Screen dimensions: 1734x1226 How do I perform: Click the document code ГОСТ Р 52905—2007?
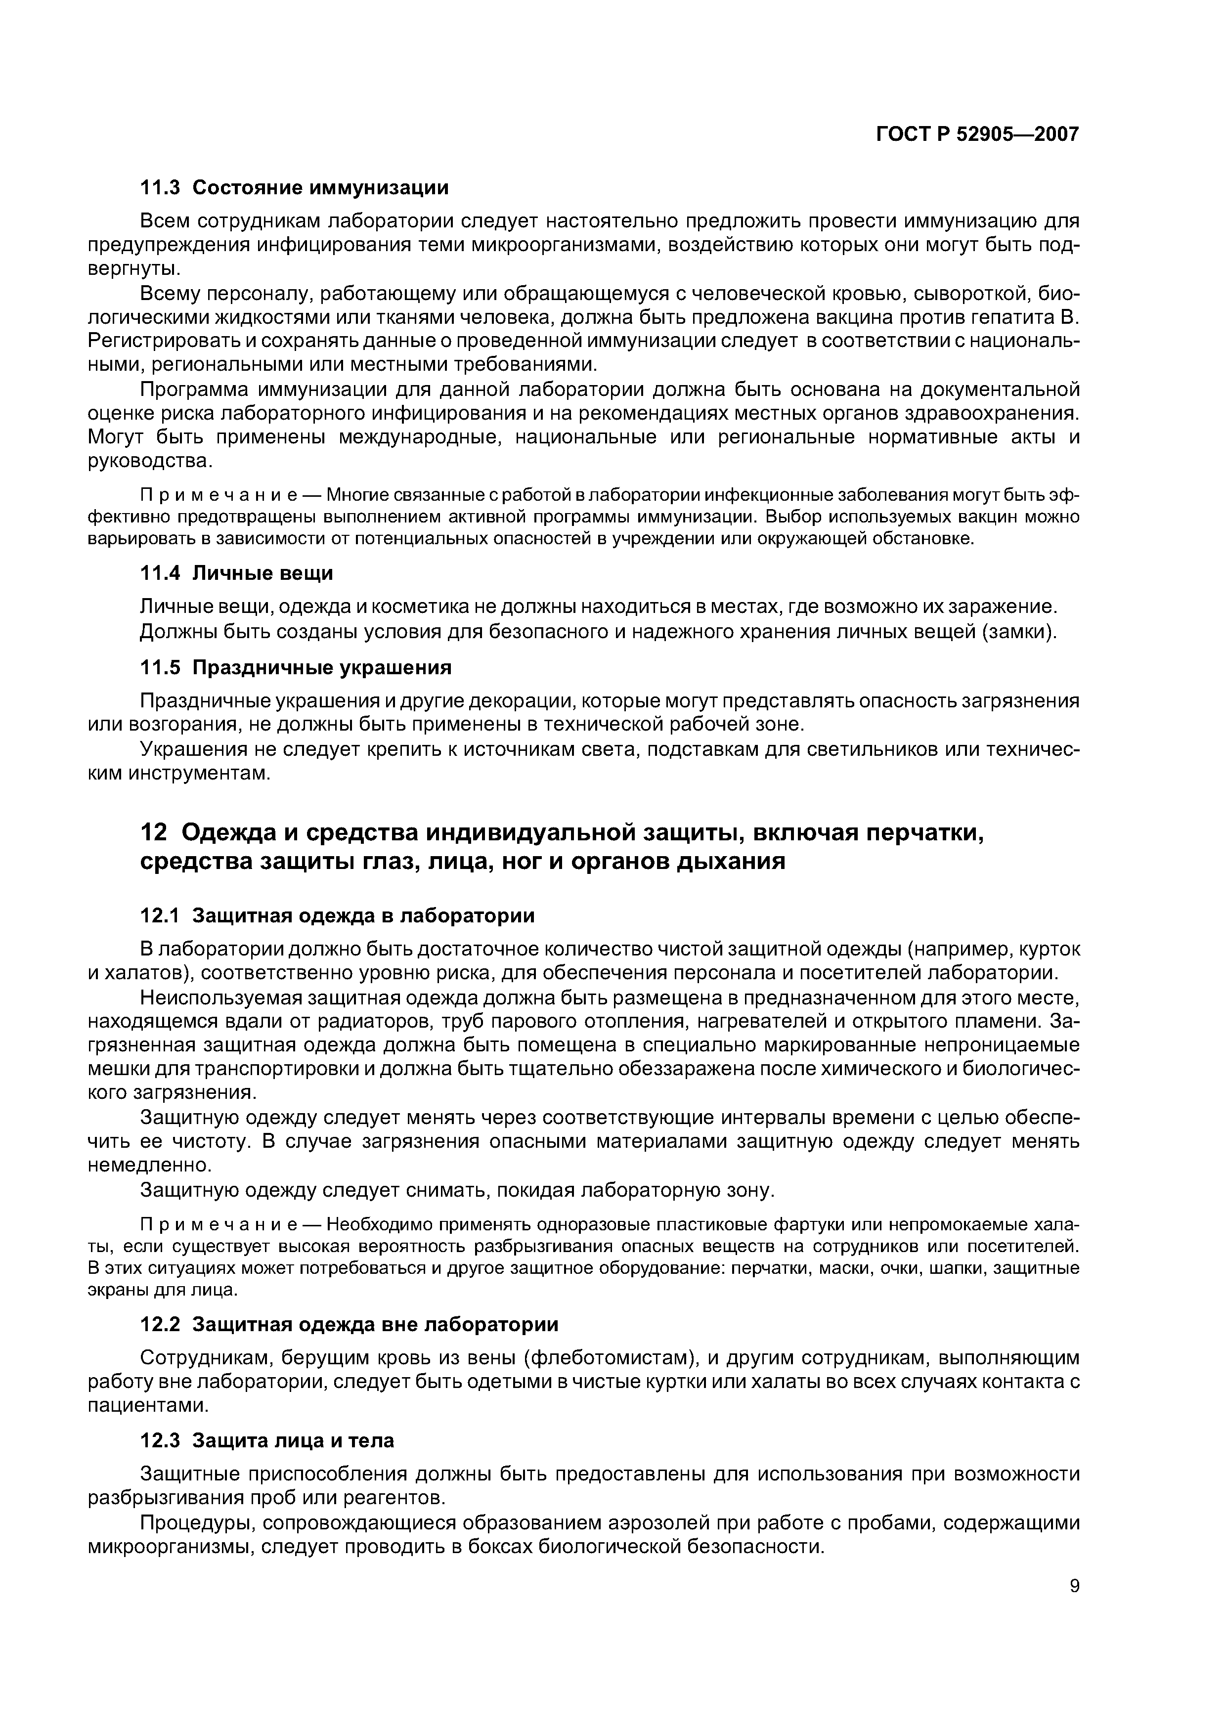tap(977, 134)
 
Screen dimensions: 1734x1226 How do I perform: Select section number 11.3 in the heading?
tap(160, 187)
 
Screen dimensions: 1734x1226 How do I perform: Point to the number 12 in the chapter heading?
tap(153, 832)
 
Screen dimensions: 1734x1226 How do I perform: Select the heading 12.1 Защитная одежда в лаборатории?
tap(338, 915)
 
